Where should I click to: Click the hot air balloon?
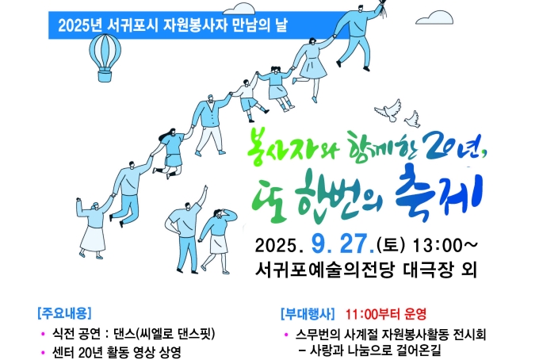(x=105, y=57)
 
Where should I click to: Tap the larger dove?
(x=388, y=111)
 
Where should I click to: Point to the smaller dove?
(x=412, y=119)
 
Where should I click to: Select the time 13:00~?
(x=445, y=245)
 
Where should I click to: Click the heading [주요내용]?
(x=65, y=313)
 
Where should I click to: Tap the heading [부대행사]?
(x=308, y=313)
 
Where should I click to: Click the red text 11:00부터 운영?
(x=386, y=313)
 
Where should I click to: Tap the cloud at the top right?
(x=434, y=17)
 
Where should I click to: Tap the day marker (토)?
(x=392, y=245)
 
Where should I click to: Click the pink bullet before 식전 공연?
(x=43, y=334)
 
